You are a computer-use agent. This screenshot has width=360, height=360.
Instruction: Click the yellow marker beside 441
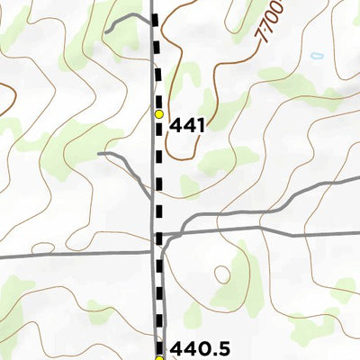click(x=159, y=114)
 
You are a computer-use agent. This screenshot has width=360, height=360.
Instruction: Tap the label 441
click(x=188, y=126)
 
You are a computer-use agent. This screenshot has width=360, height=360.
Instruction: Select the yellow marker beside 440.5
click(x=159, y=358)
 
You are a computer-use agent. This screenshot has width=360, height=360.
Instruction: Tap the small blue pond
click(x=316, y=57)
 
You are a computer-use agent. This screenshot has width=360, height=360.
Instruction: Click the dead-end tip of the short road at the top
click(x=106, y=31)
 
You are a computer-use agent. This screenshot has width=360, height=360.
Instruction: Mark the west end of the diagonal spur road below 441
click(x=100, y=154)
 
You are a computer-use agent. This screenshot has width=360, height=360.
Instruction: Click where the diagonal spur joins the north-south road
click(x=151, y=198)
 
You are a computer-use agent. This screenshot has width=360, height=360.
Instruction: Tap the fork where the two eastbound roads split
click(x=183, y=225)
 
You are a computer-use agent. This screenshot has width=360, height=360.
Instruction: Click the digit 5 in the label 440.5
click(x=221, y=348)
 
